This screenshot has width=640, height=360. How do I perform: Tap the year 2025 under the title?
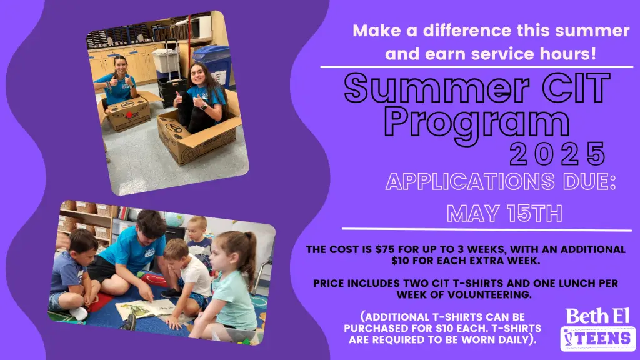[557, 154]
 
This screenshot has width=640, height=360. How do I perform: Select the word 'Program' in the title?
[477, 123]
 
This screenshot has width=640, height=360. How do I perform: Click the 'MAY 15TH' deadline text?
[504, 213]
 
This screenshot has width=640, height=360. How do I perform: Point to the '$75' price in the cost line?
[385, 249]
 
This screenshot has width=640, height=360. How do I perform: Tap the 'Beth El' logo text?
[597, 316]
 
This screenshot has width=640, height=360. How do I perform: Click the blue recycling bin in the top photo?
[213, 65]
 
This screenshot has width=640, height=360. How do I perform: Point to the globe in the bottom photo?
[174, 219]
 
